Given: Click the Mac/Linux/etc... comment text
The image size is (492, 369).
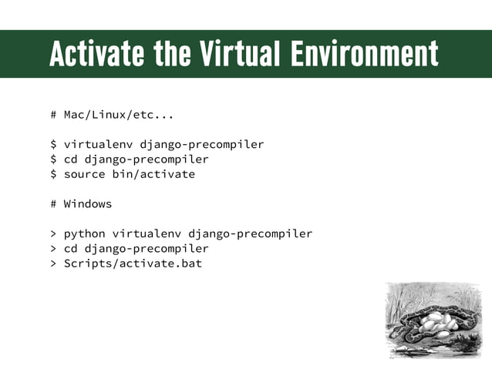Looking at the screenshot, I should tap(119, 116).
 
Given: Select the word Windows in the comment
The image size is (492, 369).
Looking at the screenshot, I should tap(88, 204).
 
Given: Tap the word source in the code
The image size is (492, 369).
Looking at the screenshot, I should tap(84, 174).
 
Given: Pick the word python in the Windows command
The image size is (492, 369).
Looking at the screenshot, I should tap(84, 233).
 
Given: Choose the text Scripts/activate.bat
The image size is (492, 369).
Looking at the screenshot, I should tap(133, 263).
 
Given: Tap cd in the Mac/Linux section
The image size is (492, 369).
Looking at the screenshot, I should tap(70, 159).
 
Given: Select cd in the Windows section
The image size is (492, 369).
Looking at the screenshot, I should tap(70, 249).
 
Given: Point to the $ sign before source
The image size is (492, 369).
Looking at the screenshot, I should tap(53, 174).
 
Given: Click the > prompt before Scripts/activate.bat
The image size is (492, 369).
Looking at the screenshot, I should tap(53, 263).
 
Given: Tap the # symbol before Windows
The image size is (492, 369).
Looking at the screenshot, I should tap(53, 204).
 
